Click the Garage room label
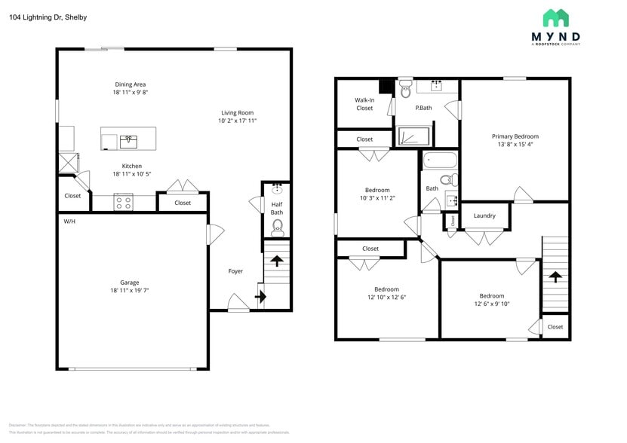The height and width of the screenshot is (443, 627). click(x=130, y=283)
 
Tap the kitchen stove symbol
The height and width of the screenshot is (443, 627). click(x=123, y=202)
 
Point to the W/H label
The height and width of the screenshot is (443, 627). click(x=69, y=221)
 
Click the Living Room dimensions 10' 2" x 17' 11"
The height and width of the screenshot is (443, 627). click(x=238, y=121)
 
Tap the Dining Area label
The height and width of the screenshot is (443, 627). click(x=130, y=84)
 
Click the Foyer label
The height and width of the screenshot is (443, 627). click(x=235, y=271)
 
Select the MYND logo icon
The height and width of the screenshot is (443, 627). click(x=556, y=18)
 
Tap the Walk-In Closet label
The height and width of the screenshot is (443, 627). click(x=364, y=104)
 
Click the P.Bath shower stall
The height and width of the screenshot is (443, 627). click(x=413, y=137)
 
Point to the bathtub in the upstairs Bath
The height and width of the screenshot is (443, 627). click(x=441, y=160)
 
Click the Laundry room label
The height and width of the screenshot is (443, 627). click(x=484, y=216)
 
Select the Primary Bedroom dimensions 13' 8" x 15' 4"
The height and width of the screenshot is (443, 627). click(x=515, y=144)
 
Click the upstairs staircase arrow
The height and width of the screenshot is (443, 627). click(x=556, y=277)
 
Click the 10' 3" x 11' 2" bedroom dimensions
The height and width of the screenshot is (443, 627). click(x=377, y=198)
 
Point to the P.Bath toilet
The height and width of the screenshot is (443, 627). click(x=405, y=90)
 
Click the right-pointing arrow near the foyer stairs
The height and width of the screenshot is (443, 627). click(x=261, y=297)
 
